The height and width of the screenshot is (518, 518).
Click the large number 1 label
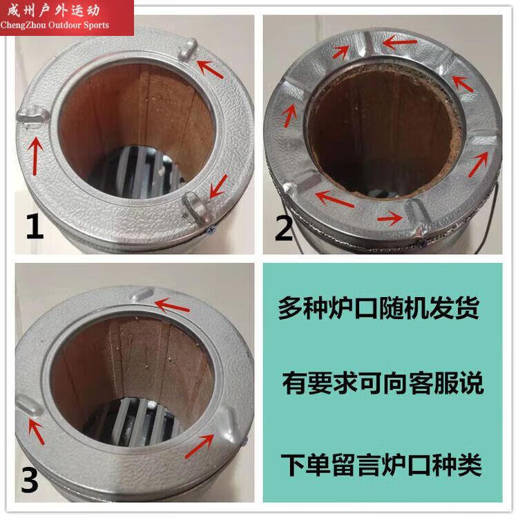pyautogui.click(x=35, y=227)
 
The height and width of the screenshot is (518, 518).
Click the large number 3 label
pyautogui.click(x=30, y=480)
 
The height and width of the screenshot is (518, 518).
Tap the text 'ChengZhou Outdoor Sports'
pyautogui.click(x=55, y=25)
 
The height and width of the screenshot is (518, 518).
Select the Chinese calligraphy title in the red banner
pyautogui.click(x=53, y=10)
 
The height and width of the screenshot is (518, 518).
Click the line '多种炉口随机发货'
pyautogui.click(x=378, y=308)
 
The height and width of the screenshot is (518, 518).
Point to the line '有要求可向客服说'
pyautogui.click(x=383, y=383)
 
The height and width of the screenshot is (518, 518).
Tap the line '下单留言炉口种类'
pyautogui.click(x=381, y=464)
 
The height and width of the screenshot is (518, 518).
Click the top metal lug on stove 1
pyautogui.click(x=188, y=50)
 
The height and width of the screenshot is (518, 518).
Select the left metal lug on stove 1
pyautogui.click(x=32, y=115)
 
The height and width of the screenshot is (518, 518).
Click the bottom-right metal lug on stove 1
pyautogui.click(x=198, y=207)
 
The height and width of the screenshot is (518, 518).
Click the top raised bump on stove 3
pyautogui.click(x=143, y=294)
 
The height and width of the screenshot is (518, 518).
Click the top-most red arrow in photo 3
pyautogui.click(x=172, y=306)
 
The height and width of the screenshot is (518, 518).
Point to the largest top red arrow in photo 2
pyautogui.click(x=400, y=43)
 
